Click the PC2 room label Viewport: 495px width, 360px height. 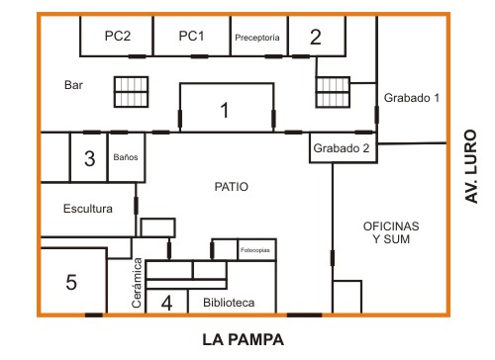118,36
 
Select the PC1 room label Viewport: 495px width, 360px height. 191,36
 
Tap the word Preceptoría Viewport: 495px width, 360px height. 257,38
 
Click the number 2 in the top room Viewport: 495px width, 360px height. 316,37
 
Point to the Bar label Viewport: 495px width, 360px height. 73,85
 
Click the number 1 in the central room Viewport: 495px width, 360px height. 225,110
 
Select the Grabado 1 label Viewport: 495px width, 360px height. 412,98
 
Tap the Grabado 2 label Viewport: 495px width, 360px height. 342,148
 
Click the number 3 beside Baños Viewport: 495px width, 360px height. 89,158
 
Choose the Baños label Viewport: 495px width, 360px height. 126,157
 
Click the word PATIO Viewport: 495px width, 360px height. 231,187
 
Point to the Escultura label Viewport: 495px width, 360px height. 88,209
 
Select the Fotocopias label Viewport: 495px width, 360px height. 254,250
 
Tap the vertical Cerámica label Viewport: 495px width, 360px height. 137,283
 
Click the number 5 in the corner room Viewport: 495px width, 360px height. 71,282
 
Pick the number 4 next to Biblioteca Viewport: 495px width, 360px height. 166,303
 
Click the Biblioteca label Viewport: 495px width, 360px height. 229,303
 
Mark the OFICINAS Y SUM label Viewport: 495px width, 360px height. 391,232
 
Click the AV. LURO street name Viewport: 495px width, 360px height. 471,166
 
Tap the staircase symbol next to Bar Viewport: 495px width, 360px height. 131,92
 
